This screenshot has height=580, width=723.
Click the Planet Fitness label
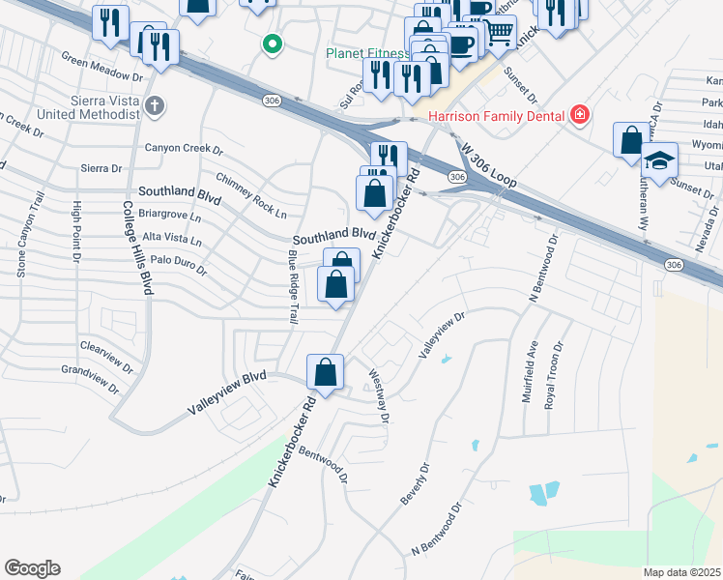click(366, 53)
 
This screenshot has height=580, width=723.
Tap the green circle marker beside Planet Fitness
click(273, 43)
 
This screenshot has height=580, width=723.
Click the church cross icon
click(154, 104)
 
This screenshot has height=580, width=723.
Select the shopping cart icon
click(499, 31)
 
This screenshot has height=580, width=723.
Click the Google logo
click(32, 568)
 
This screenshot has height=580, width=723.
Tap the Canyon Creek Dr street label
click(184, 150)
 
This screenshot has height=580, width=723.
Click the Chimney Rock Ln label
click(251, 196)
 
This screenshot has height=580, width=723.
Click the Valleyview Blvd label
click(226, 395)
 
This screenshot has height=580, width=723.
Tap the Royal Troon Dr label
click(556, 376)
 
